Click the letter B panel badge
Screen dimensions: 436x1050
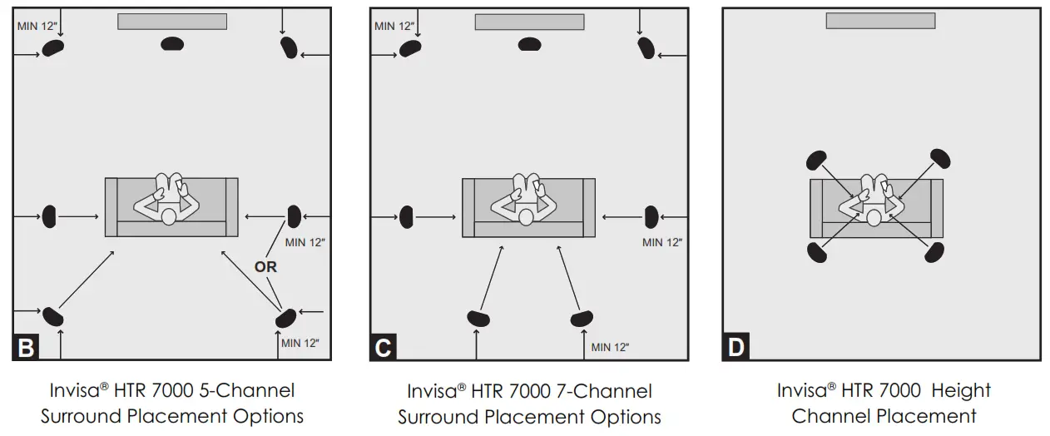pos(26,347)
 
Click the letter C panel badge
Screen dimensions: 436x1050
pos(383,347)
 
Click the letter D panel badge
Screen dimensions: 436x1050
pos(735,347)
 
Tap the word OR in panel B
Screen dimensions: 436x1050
pos(265,268)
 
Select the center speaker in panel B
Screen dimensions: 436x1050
pos(171,43)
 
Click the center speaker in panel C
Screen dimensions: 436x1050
pos(529,43)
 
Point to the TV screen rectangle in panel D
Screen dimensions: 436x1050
pos(879,21)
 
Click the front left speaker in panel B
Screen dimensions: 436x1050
pos(53,47)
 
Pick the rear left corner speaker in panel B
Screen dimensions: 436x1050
pos(53,315)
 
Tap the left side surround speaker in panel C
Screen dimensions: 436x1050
pos(406,216)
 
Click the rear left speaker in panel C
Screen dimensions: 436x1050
pos(478,317)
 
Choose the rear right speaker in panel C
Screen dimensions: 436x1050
pos(581,317)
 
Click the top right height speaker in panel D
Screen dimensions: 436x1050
pos(940,158)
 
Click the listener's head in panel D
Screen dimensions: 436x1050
pos(874,217)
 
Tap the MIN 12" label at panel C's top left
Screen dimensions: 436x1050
pos(395,27)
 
